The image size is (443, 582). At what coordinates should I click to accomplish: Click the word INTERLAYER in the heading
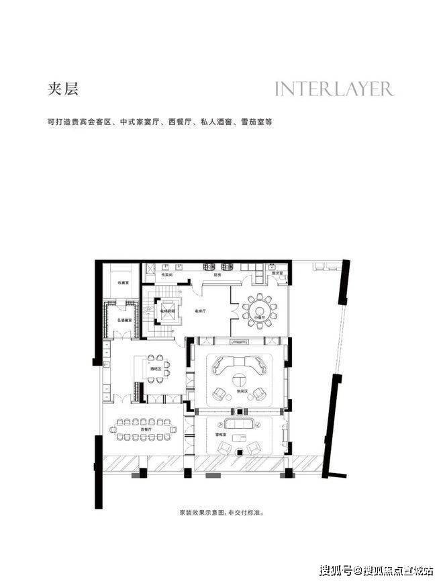tap(334, 89)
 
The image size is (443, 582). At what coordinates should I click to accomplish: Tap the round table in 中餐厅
tap(259, 309)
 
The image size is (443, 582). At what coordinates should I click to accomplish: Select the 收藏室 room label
tap(124, 282)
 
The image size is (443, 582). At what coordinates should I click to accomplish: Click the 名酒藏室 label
tap(124, 321)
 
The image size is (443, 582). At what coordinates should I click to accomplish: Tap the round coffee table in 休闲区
tap(238, 377)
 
